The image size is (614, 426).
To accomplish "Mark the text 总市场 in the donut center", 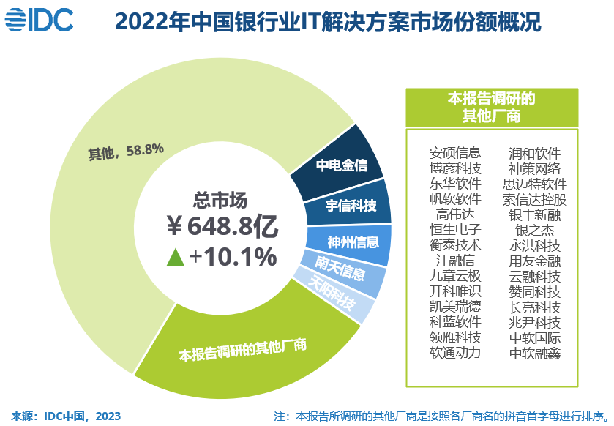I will click(220, 199).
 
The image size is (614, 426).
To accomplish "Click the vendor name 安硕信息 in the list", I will click(455, 153).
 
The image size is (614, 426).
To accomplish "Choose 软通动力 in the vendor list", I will click(455, 353).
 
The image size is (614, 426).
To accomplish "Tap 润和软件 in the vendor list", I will click(535, 153).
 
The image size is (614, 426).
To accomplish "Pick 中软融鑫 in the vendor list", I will click(535, 353).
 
